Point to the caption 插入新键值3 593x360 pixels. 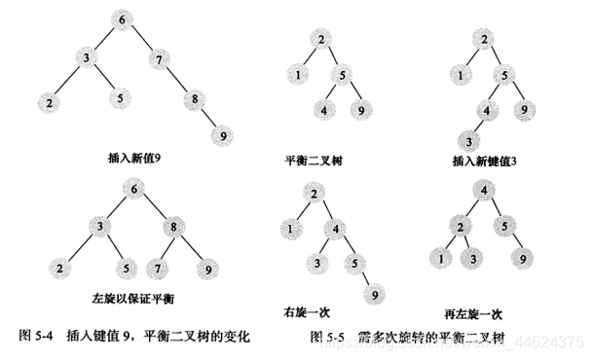click(484, 160)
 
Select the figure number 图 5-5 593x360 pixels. click(329, 337)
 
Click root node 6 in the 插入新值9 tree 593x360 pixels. click(122, 20)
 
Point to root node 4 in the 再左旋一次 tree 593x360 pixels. click(482, 192)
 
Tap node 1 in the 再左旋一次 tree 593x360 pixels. click(443, 259)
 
